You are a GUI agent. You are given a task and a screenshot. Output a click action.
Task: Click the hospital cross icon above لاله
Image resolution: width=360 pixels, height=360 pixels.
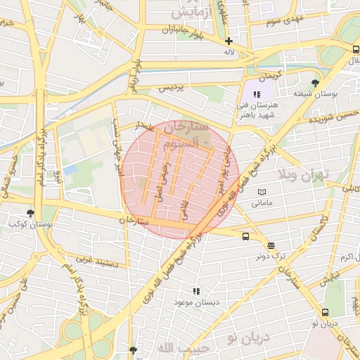point(229,41)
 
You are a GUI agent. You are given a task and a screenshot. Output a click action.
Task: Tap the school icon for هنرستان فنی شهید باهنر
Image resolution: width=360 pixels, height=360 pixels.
point(257,94)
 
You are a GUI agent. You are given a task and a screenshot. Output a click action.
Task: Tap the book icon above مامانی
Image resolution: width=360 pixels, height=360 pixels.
point(262,192)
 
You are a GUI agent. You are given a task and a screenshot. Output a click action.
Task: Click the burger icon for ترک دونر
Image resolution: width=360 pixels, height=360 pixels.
point(271,245)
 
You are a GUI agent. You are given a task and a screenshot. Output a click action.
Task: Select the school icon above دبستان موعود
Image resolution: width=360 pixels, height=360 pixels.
point(196,290)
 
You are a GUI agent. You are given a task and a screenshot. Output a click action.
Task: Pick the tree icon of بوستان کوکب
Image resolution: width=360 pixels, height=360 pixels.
point(30,213)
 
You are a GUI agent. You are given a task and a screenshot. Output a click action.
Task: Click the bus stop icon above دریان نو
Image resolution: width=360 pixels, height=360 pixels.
point(325,312)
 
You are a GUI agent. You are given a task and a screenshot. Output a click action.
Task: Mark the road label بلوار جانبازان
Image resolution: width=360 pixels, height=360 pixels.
point(162,30)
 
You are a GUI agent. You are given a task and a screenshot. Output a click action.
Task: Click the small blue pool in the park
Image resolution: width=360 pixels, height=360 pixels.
point(70,169)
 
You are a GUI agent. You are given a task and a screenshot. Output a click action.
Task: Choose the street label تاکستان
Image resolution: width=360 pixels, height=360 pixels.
point(314,230)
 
